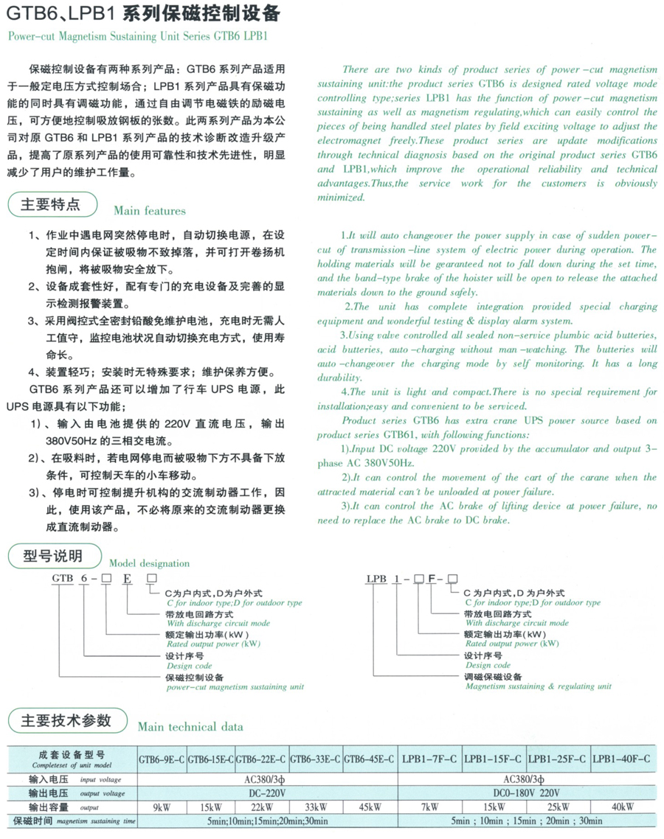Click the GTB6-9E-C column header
pyautogui.click(x=162, y=759)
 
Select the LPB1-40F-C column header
pyautogui.click(x=622, y=759)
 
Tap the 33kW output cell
pyautogui.click(x=316, y=807)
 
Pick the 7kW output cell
pyautogui.click(x=430, y=807)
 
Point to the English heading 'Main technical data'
pyautogui.click(x=190, y=727)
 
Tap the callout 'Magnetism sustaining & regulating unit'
pyautogui.click(x=538, y=686)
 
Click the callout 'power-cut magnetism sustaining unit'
pyautogui.click(x=235, y=686)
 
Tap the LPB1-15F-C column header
pyautogui.click(x=492, y=759)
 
